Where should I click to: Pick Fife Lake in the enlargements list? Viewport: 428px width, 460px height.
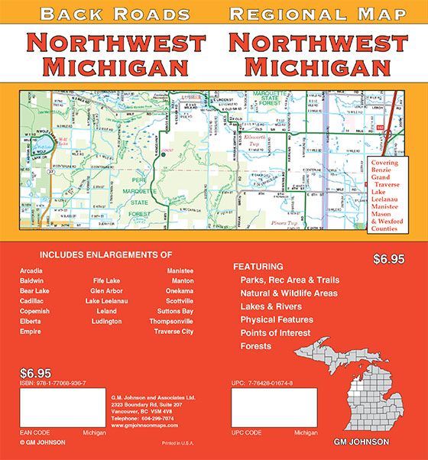105,281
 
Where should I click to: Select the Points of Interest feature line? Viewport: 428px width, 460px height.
275,333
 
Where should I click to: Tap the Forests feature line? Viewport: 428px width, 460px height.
255,346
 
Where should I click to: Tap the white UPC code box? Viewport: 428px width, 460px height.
274,407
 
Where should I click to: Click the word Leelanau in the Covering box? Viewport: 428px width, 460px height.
387,195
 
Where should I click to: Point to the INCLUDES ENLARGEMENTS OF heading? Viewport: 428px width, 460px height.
105,254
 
